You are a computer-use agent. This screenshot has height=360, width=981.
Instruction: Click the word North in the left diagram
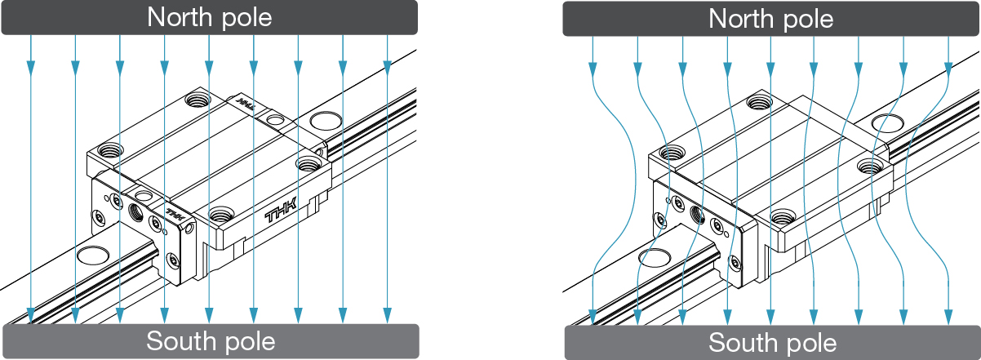point(180,17)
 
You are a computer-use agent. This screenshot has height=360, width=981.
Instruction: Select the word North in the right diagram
point(741,20)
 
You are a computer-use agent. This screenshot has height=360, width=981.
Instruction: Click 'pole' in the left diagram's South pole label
point(249,343)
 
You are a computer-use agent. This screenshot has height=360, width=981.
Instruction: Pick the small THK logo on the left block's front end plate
point(175,213)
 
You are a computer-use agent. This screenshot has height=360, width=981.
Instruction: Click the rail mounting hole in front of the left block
point(93,256)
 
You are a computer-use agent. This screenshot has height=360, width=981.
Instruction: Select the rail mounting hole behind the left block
point(326,121)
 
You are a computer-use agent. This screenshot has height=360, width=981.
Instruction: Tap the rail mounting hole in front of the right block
point(655,257)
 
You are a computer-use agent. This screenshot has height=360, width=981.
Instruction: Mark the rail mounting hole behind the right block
point(887,123)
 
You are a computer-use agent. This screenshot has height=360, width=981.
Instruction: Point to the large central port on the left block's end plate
point(135,212)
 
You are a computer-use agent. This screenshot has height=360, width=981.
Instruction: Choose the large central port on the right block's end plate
point(697,215)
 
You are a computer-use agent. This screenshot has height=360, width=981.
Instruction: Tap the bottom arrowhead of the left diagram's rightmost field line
point(387,315)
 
